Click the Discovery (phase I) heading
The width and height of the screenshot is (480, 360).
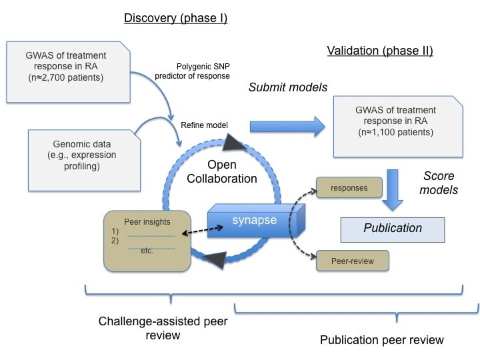pyautogui.click(x=175, y=19)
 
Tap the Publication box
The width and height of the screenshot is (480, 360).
pyautogui.click(x=393, y=228)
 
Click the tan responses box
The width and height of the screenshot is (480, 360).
pyautogui.click(x=349, y=188)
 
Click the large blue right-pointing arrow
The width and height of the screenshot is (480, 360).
pyautogui.click(x=286, y=126)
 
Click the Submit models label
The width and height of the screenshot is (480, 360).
pyautogui.click(x=283, y=87)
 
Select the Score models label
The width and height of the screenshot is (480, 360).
pyautogui.click(x=439, y=183)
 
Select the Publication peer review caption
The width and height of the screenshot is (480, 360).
pyautogui.click(x=381, y=340)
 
